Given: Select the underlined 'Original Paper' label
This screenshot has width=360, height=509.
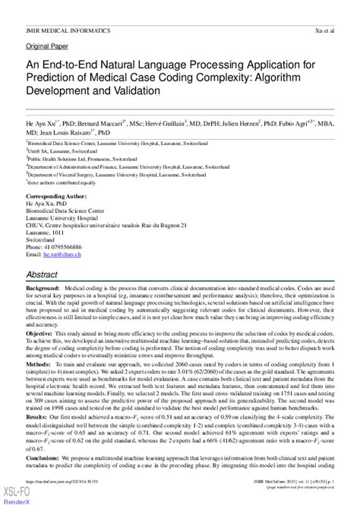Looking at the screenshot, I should tap(47, 46).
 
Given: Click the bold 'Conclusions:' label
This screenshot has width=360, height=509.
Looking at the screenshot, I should tap(46, 460).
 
